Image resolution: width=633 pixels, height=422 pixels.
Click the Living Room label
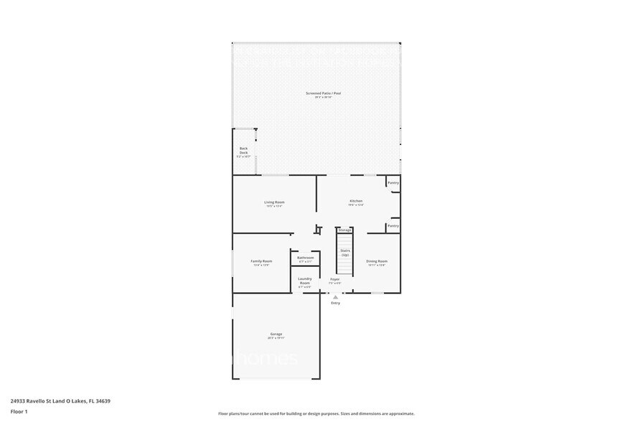(274, 202)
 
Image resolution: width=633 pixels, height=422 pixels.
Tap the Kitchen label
(356, 201)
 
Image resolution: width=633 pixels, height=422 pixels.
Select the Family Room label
(261, 261)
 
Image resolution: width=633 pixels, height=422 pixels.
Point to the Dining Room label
(377, 261)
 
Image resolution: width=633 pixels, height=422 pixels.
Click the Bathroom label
(306, 258)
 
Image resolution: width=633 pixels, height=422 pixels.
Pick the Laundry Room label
(305, 281)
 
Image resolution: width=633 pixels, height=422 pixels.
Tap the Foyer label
(334, 279)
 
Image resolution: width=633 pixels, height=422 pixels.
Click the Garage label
(276, 334)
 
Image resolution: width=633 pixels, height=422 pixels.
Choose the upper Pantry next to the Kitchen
(393, 183)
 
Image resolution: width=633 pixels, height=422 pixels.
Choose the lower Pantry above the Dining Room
(393, 226)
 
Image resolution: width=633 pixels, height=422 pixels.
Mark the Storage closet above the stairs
(345, 230)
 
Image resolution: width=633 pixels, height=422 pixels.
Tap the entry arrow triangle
(335, 296)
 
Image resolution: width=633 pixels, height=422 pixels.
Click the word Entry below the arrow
(335, 303)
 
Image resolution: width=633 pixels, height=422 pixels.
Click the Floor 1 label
(19, 411)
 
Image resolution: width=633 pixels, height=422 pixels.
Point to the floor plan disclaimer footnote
(316, 413)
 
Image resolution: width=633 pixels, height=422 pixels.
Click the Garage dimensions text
(276, 338)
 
